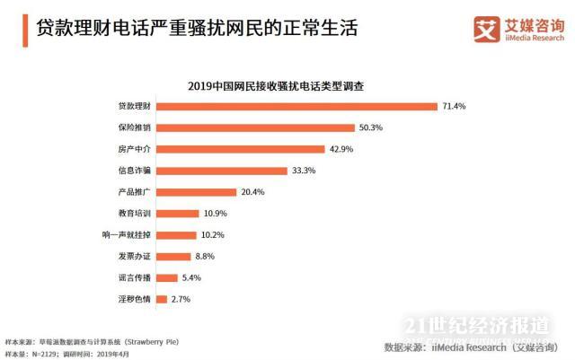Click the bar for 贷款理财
point(296,106)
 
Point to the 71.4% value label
point(454,106)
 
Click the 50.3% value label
point(370,127)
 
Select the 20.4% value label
point(251,192)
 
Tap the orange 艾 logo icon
point(486,29)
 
